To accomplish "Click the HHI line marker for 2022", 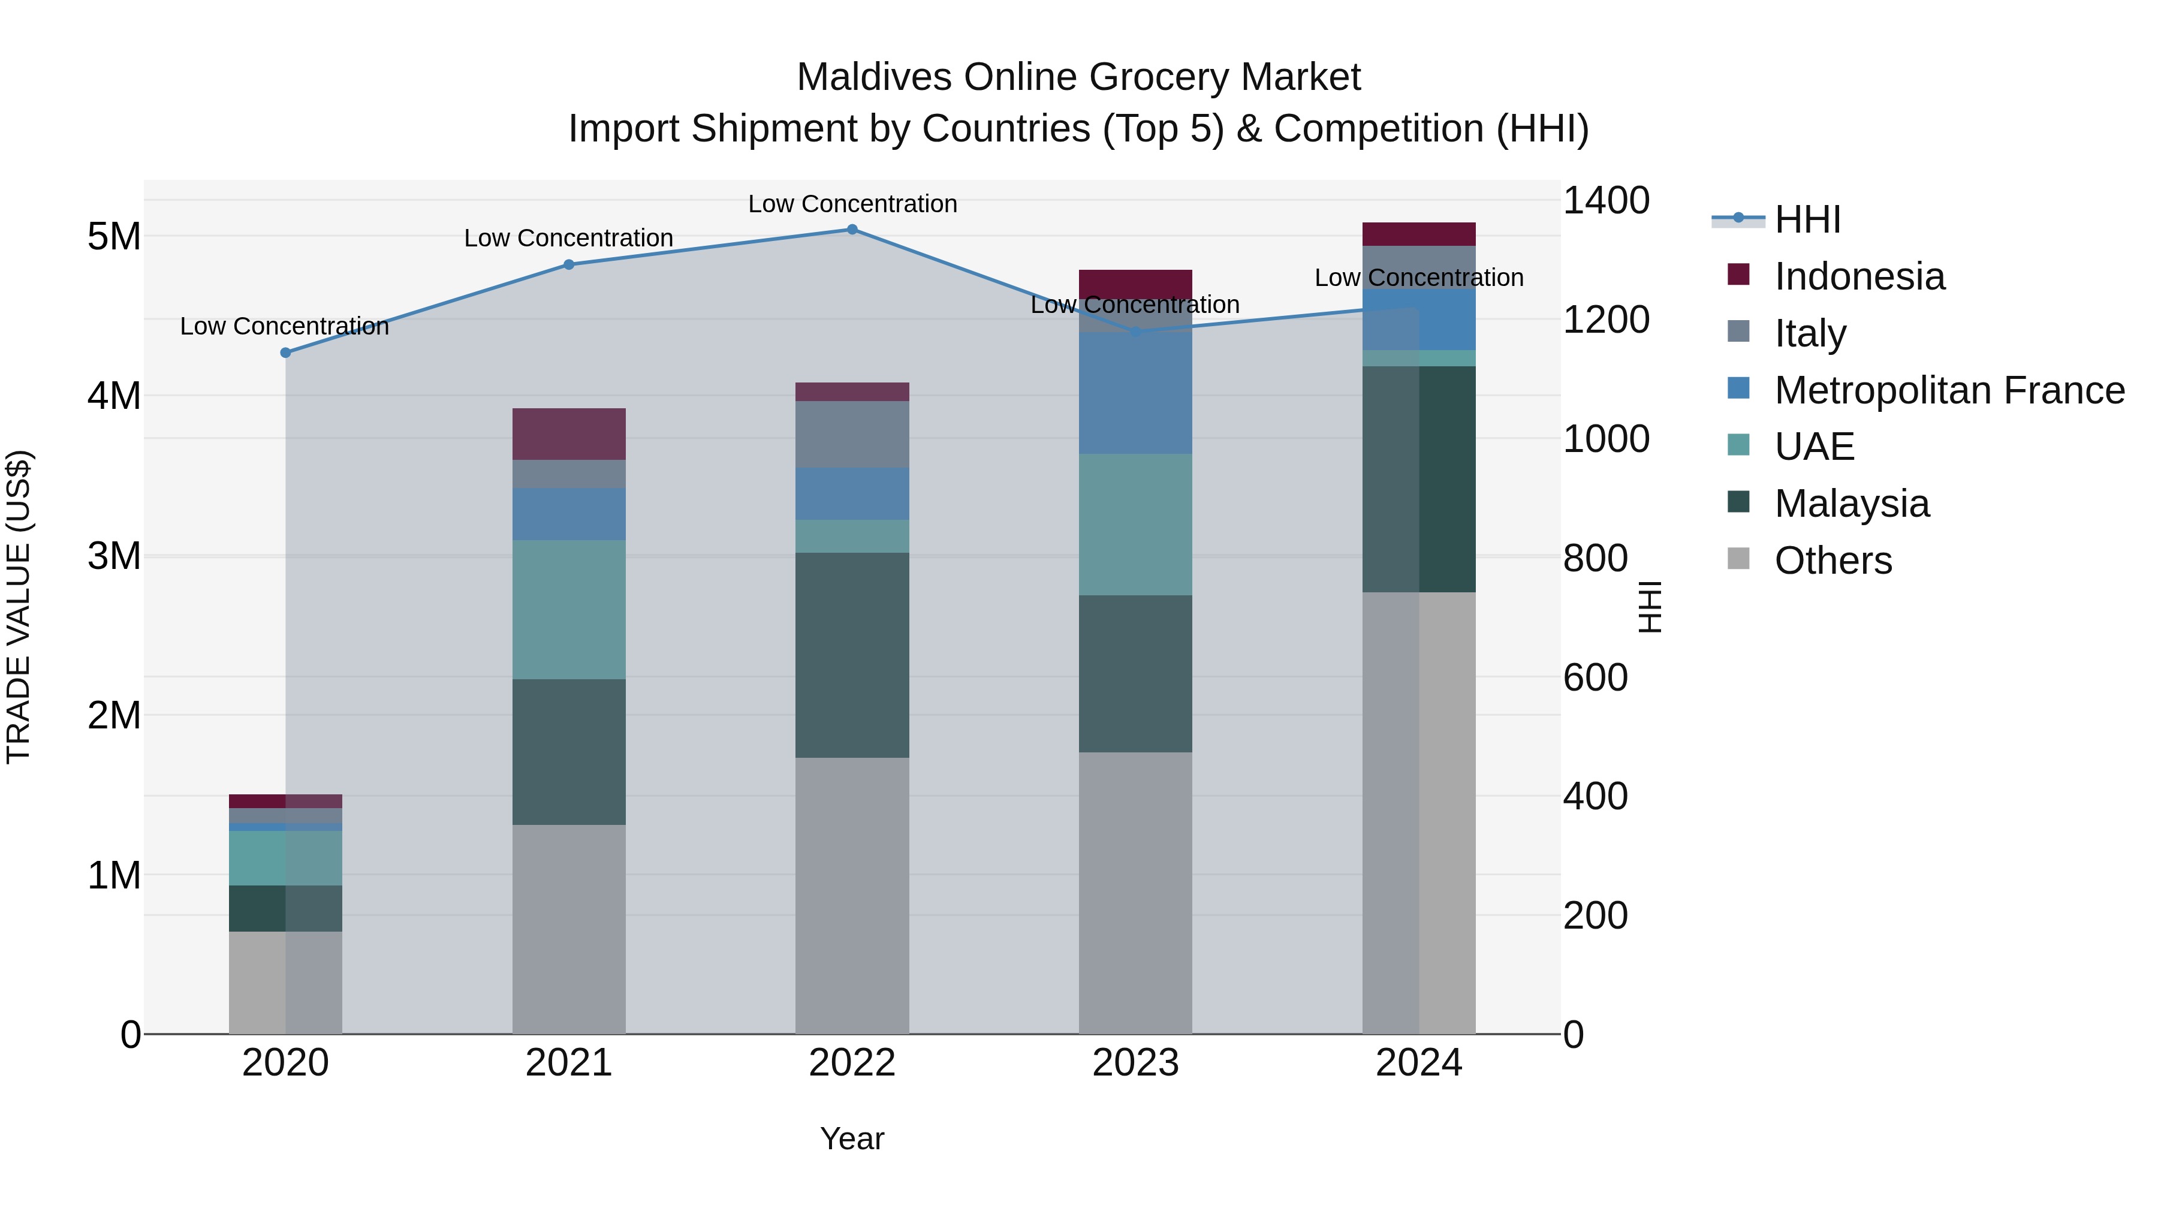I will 852,230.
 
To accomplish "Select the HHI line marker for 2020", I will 286,353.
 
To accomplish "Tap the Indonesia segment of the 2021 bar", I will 569,434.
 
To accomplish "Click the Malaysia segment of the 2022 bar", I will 852,655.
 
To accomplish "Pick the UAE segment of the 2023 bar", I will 1135,525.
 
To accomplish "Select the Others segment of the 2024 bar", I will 1418,813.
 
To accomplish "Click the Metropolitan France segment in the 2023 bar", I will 1135,393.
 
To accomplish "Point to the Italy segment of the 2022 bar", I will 852,434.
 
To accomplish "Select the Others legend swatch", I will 1738,559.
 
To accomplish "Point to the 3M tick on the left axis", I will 114,556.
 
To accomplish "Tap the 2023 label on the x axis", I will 1135,1063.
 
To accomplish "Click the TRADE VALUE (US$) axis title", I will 19,607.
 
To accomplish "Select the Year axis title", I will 852,1138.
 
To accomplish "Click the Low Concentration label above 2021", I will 569,238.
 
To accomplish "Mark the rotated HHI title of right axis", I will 1648,607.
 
